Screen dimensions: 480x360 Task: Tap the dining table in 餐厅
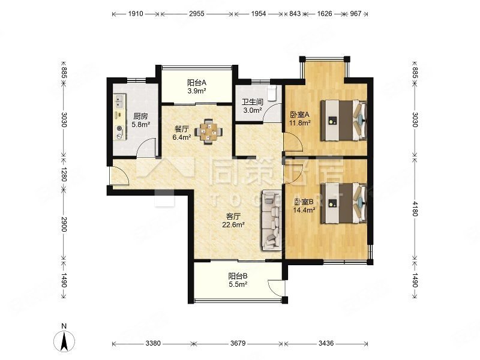tap(209, 131)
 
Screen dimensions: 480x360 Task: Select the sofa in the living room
tap(271, 220)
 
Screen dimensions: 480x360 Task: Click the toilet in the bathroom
tap(272, 93)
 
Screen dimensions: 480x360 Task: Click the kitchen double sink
tap(119, 101)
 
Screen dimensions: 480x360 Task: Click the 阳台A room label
tap(197, 82)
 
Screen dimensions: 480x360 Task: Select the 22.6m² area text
tap(233, 225)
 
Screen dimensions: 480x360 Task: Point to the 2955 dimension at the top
tap(197, 14)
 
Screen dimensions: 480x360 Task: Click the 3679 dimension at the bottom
tap(238, 343)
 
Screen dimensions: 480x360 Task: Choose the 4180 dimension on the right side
tap(415, 208)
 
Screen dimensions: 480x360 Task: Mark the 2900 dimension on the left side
tap(64, 224)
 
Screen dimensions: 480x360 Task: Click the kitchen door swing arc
tap(146, 148)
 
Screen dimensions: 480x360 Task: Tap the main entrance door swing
tap(121, 175)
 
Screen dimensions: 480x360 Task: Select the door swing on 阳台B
tap(276, 288)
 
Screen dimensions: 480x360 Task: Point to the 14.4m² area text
tap(304, 210)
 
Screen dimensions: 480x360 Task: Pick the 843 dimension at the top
tap(295, 14)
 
